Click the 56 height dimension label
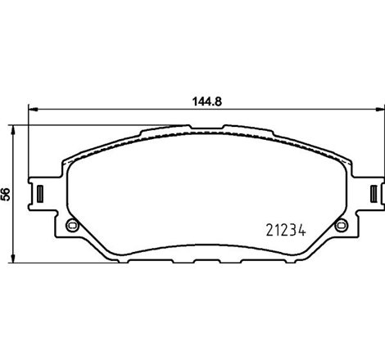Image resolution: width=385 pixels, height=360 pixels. coord(7,194)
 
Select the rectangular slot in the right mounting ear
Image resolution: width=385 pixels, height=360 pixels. coord(374,194)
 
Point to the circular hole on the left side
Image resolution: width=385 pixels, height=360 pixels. coord(70,227)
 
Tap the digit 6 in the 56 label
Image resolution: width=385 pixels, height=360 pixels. coord(7,190)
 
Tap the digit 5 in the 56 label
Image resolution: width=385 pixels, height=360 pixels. coord(7,198)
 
